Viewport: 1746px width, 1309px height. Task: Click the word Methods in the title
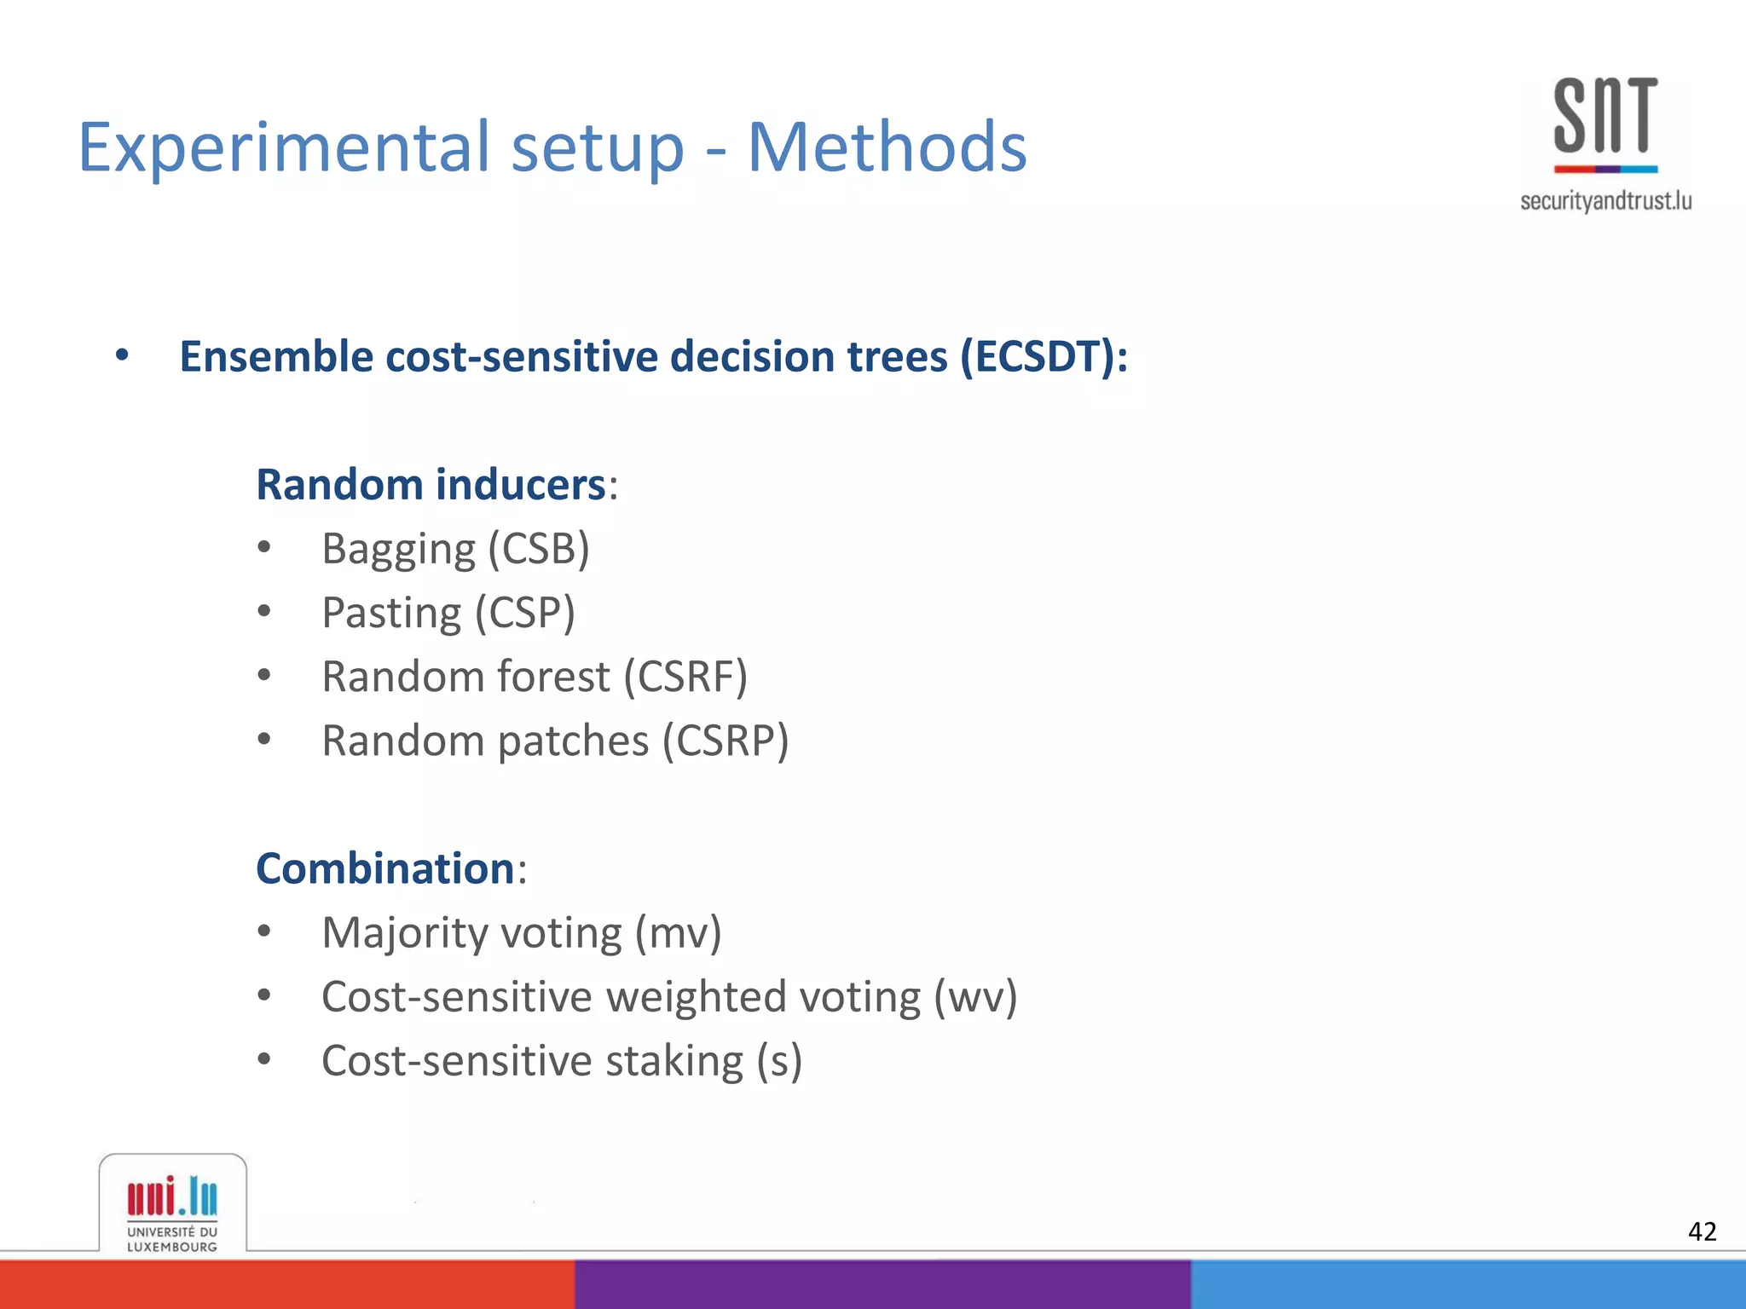[x=887, y=147]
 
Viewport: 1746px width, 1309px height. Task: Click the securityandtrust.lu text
[x=1605, y=201]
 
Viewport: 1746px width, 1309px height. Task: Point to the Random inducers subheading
[x=431, y=485]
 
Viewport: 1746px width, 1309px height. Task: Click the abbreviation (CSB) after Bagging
[x=539, y=549]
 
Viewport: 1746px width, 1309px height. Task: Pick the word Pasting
[x=391, y=613]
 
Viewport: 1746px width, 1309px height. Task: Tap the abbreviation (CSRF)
[x=685, y=677]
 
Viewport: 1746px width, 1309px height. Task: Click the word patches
[x=573, y=741]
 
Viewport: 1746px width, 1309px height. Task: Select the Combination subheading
[x=385, y=868]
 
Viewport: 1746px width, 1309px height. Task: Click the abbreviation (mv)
[x=679, y=932]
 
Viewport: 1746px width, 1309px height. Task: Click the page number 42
[x=1702, y=1231]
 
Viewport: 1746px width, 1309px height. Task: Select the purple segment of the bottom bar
[x=882, y=1285]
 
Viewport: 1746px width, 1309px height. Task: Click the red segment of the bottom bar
[x=286, y=1285]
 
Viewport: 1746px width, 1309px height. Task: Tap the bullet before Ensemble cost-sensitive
[x=122, y=355]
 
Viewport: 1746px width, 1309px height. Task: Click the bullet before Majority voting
[x=264, y=931]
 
